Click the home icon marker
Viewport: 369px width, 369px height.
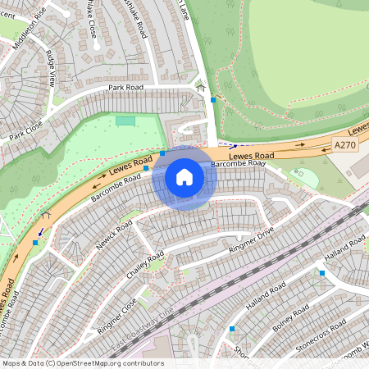184,177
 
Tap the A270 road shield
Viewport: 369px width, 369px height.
346,144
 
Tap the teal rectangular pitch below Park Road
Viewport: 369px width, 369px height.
125,121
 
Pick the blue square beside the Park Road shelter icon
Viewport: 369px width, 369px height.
213,99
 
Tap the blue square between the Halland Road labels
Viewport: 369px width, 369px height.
321,272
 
